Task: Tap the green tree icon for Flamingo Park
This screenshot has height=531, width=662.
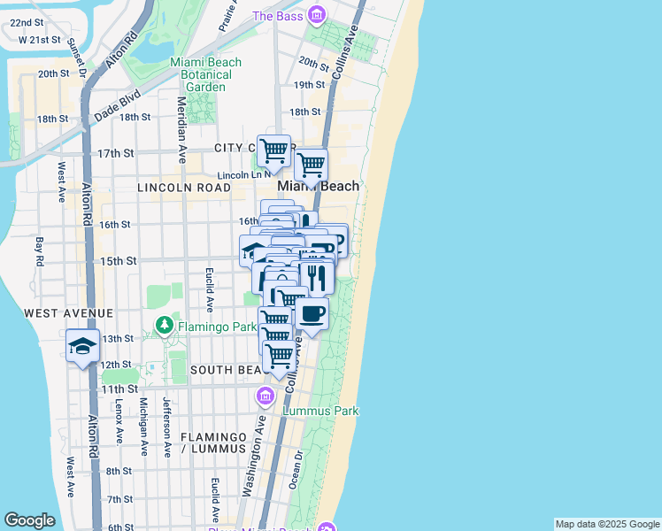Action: pyautogui.click(x=164, y=327)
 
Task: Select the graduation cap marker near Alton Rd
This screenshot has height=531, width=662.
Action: pyautogui.click(x=82, y=346)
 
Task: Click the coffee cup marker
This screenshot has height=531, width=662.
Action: pyautogui.click(x=311, y=313)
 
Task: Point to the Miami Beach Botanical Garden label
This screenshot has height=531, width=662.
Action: pyautogui.click(x=200, y=68)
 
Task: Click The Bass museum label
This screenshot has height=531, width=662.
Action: pyautogui.click(x=278, y=15)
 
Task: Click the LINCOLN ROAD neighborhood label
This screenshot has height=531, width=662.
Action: pyautogui.click(x=183, y=189)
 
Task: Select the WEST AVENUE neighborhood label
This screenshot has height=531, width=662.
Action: pyautogui.click(x=69, y=313)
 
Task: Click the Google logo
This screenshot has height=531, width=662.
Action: pyautogui.click(x=30, y=520)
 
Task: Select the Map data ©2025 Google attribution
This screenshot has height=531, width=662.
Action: pyautogui.click(x=607, y=524)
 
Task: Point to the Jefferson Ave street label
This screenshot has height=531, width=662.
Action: pyautogui.click(x=165, y=426)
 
